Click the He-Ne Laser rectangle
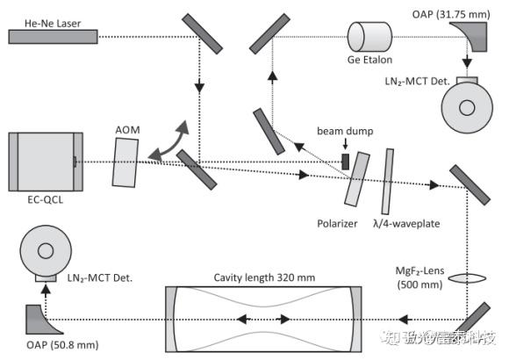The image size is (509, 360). click(x=53, y=37)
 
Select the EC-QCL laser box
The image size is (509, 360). click(x=46, y=162)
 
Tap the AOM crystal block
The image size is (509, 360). click(x=125, y=162)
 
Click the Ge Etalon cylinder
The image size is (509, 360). click(x=369, y=37)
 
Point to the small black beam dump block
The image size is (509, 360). click(x=346, y=162)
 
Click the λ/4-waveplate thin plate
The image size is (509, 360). click(x=388, y=182)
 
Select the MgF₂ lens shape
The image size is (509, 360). click(x=467, y=278)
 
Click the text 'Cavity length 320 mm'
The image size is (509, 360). click(x=264, y=277)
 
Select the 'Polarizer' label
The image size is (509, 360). click(x=337, y=224)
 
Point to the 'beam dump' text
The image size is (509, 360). click(x=345, y=131)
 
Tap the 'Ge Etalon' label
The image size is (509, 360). click(x=369, y=60)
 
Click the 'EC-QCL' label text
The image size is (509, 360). click(x=46, y=199)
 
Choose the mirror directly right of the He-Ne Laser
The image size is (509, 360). click(x=202, y=33)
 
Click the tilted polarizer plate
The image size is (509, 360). click(x=357, y=179)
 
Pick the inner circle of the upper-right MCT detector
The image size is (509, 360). click(x=467, y=108)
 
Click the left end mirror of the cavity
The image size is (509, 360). click(x=172, y=320)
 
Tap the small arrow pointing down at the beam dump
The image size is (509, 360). click(x=346, y=144)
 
